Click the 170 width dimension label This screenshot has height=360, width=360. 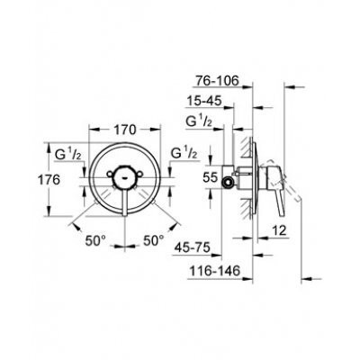tap(125, 130)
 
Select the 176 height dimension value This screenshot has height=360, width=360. tap(49, 180)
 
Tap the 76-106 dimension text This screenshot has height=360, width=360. tap(217, 80)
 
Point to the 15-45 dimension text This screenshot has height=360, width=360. tap(204, 101)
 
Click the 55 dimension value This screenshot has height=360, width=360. tap(210, 177)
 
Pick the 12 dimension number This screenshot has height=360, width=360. tap(279, 230)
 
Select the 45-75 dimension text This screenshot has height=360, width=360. tap(193, 248)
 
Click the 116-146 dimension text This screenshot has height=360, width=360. tap(215, 271)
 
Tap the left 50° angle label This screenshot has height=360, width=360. tap(95, 240)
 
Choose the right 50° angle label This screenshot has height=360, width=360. tap(154, 240)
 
